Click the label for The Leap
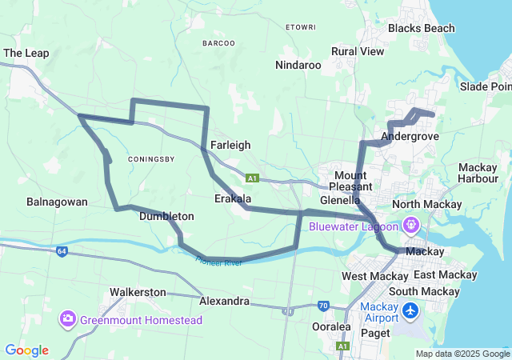(26, 53)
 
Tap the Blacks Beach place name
(421, 28)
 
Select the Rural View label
(358, 51)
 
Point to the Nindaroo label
(298, 65)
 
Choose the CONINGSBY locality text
(150, 158)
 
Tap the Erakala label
(233, 198)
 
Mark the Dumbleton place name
(166, 216)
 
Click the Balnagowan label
(57, 202)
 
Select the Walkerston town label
(138, 292)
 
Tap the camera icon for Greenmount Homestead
(67, 320)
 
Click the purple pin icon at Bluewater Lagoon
(410, 225)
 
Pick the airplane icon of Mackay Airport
(410, 310)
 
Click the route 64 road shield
(62, 251)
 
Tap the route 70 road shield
(323, 305)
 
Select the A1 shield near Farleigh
(251, 178)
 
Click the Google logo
(26, 350)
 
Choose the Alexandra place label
(224, 302)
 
